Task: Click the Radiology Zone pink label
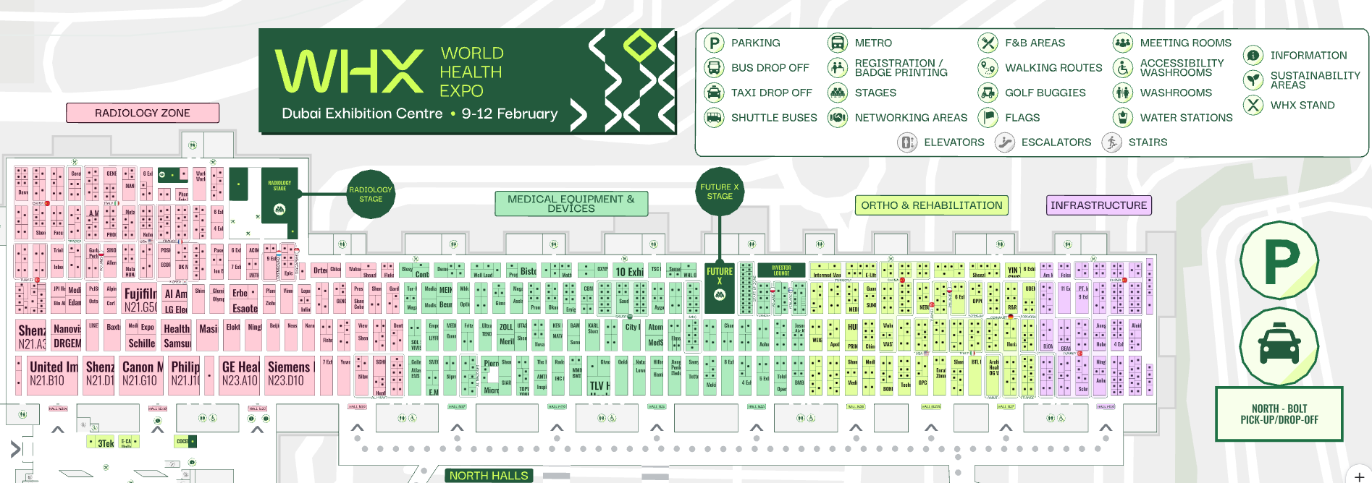pyautogui.click(x=143, y=113)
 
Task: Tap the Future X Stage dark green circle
pyautogui.click(x=720, y=192)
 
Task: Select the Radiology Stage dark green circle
pyautogui.click(x=371, y=194)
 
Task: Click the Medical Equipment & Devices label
pyautogui.click(x=571, y=204)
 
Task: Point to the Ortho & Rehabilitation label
pyautogui.click(x=931, y=205)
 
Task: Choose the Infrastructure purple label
pyautogui.click(x=1098, y=205)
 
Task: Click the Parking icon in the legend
pyautogui.click(x=714, y=43)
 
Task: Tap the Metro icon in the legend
pyautogui.click(x=838, y=43)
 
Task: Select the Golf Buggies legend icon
pyautogui.click(x=988, y=93)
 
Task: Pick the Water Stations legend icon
pyautogui.click(x=1122, y=117)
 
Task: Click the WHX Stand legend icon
pyautogui.click(x=1253, y=105)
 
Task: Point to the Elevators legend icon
pyautogui.click(x=907, y=142)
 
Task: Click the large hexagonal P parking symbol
pyautogui.click(x=1279, y=260)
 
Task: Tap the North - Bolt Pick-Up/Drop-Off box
pyautogui.click(x=1279, y=414)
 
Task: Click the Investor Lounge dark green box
pyautogui.click(x=781, y=270)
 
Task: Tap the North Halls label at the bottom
pyautogui.click(x=489, y=475)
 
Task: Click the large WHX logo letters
pyautogui.click(x=350, y=72)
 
